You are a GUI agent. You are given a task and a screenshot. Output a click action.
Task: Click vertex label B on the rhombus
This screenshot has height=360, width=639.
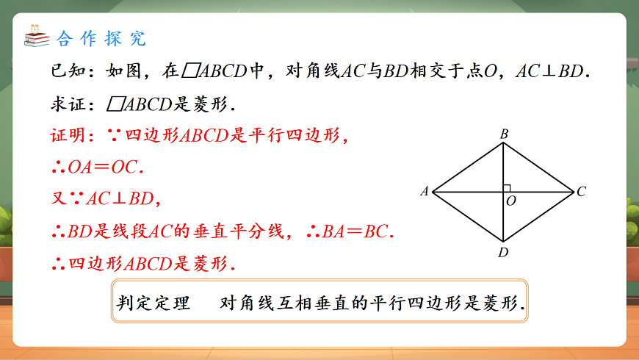tap(504, 134)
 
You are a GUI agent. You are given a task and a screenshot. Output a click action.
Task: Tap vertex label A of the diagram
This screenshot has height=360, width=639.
tap(424, 192)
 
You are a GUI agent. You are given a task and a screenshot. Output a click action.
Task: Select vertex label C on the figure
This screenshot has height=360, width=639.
tap(581, 192)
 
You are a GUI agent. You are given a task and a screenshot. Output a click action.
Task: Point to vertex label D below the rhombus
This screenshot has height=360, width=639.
tap(503, 253)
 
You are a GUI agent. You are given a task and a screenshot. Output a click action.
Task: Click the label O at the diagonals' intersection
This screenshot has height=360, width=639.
tap(511, 200)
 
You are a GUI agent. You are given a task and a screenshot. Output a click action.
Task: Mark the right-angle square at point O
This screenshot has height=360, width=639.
tap(507, 188)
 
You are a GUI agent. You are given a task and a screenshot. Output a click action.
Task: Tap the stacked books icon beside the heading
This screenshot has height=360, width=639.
tap(35, 36)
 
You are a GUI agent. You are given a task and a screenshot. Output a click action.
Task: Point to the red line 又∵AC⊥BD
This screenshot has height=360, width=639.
tap(105, 199)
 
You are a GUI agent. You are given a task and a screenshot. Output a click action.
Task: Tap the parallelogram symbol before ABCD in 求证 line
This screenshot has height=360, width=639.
tap(115, 104)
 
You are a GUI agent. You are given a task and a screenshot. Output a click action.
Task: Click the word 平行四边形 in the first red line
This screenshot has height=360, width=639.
tap(294, 136)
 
